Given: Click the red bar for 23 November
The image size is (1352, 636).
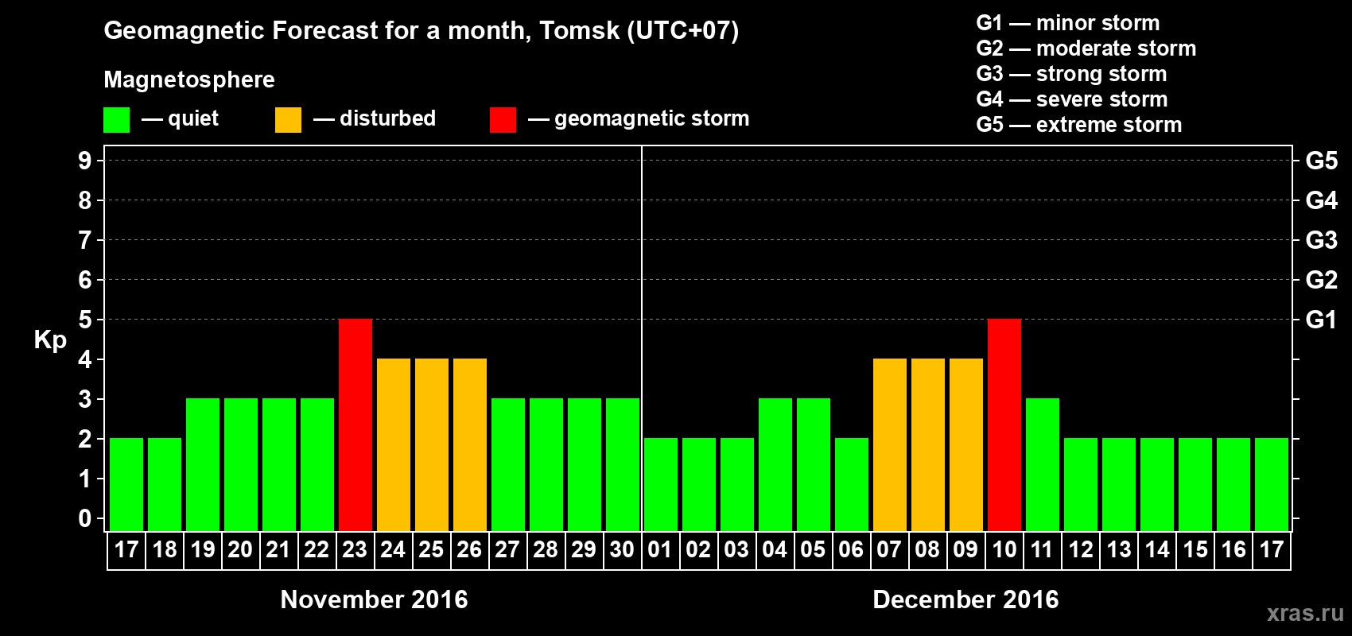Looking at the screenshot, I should point(355,425).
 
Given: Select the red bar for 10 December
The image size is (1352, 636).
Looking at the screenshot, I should point(1004,425).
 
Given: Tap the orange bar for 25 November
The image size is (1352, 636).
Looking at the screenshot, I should point(431,444).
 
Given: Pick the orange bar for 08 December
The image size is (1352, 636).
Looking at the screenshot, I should point(927,444).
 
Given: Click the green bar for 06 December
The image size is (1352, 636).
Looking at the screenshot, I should point(851,484).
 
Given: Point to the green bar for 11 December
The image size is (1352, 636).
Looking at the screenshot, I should point(1042,464).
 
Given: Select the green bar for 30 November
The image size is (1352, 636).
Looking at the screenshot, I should point(622,464).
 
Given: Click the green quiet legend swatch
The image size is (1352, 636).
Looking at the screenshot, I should point(116,120).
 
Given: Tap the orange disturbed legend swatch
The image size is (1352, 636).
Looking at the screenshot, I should point(288,120).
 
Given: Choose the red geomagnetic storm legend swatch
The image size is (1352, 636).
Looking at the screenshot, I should point(503,120).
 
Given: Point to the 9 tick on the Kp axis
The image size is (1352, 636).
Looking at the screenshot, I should point(85,161).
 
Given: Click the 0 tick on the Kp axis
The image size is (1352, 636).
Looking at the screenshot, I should point(85,518).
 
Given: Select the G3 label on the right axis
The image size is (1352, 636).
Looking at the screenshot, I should point(1321,240).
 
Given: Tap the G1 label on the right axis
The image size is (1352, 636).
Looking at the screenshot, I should point(1321,320).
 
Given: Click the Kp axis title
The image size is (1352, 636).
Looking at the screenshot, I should point(50,340).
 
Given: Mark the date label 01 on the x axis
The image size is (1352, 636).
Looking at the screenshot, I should point(660,549).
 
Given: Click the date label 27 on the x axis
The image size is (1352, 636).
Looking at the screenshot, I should point(507,549).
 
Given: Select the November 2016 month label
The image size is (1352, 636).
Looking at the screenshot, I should point(374,599).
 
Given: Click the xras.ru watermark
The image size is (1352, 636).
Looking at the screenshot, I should point(1304,613).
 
